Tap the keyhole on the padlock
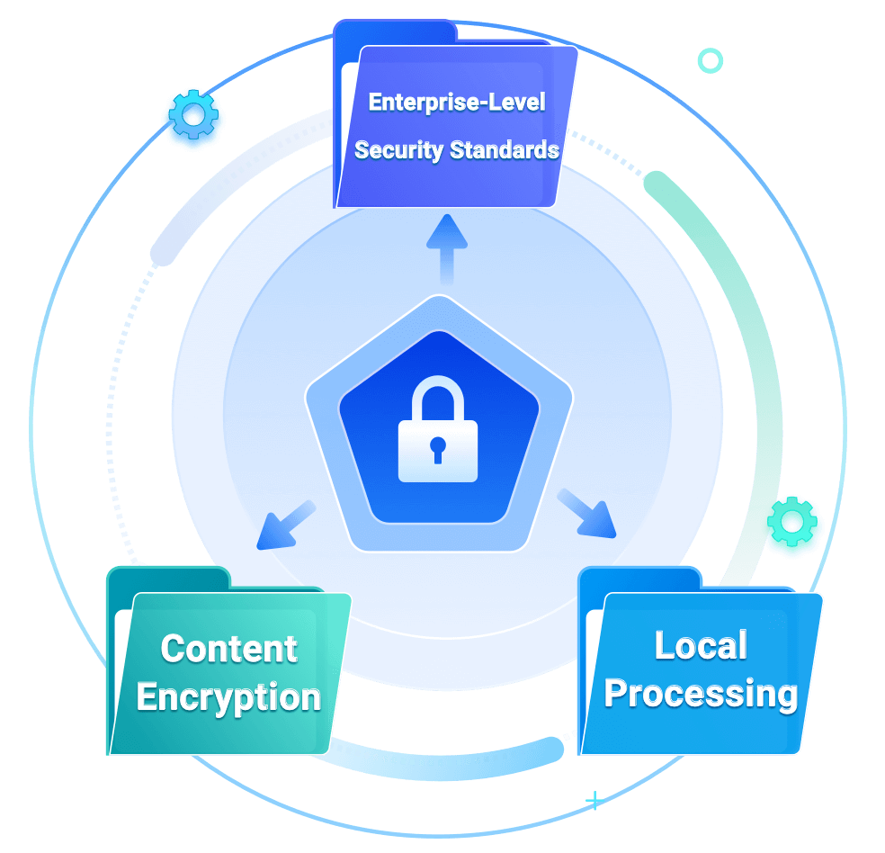click(438, 447)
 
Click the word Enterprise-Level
click(457, 102)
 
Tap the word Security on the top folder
click(398, 149)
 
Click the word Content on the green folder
click(228, 649)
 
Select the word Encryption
click(228, 697)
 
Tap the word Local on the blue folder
click(701, 645)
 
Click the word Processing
click(701, 694)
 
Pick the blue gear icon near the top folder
click(192, 117)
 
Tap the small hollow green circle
click(711, 60)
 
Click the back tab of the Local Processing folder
click(639, 578)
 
